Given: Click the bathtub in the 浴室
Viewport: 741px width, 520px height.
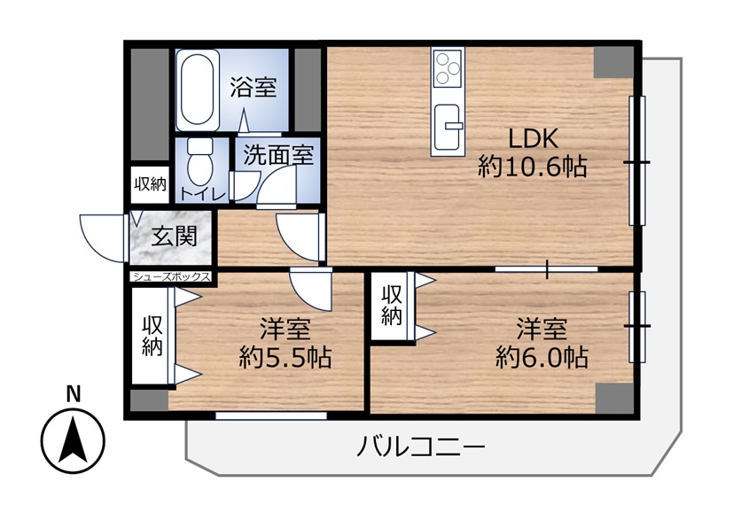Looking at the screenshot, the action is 198,89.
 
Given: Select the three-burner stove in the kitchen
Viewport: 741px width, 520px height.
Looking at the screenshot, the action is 448,69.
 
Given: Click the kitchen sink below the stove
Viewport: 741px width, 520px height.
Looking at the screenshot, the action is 447,126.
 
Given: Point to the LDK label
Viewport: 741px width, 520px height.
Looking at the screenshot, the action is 533,138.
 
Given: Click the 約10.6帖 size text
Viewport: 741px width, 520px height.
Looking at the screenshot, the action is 533,167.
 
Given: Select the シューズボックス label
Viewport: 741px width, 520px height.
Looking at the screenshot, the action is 171,276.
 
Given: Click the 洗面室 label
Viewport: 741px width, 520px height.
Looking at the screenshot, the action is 278,154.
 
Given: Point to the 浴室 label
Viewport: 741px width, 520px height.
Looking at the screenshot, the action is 253,87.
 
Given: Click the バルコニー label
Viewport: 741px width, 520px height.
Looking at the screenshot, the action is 421,446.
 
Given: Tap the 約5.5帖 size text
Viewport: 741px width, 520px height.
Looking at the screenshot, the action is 285,357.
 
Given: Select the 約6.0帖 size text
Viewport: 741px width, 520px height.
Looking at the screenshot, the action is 542,357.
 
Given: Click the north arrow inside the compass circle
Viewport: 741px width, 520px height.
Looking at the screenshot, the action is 73,440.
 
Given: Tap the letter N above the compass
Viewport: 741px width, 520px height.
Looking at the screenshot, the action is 74,394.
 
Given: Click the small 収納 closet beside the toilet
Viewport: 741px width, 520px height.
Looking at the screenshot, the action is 151,184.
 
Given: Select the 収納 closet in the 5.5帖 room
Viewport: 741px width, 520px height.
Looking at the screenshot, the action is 152,337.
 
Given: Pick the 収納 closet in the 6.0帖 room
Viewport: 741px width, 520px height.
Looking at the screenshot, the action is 393,306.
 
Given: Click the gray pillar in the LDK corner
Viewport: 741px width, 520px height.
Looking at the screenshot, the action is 613,62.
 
